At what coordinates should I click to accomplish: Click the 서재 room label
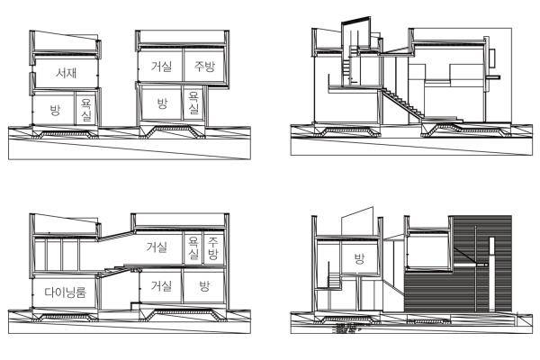tap(66, 73)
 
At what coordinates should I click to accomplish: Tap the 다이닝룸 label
tap(65, 292)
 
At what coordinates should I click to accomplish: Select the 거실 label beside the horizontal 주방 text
tap(161, 66)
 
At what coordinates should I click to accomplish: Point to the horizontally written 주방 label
tap(204, 66)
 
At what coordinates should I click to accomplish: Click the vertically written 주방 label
tap(212, 249)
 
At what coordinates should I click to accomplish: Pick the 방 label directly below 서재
tap(55, 110)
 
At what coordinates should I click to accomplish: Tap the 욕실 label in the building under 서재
tap(85, 110)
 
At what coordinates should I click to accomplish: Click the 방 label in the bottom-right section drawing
tap(359, 258)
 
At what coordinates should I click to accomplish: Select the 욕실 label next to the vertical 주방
tap(193, 249)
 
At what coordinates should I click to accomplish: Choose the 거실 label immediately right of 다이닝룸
tap(161, 285)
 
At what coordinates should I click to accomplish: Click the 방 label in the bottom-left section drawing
tap(204, 285)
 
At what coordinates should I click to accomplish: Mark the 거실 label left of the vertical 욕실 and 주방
tap(157, 247)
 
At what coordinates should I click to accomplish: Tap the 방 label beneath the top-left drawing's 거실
tap(162, 103)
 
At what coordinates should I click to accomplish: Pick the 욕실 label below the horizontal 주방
tap(193, 103)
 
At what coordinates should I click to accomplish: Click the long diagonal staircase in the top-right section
tap(401, 103)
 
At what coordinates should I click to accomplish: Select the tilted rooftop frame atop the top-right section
tap(356, 34)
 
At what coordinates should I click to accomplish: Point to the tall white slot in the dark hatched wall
tap(491, 274)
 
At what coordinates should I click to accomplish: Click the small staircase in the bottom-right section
tap(334, 280)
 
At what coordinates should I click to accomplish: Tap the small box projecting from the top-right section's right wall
tap(491, 58)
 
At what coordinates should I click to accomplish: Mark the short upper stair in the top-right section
tap(346, 68)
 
